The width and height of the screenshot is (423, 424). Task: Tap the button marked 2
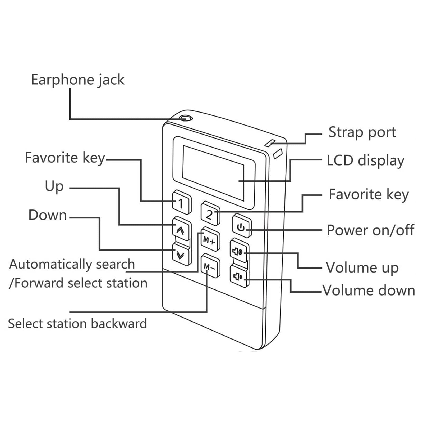tap(210, 213)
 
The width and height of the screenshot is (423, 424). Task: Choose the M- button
tap(210, 266)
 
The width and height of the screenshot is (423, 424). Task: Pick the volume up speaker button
tap(240, 251)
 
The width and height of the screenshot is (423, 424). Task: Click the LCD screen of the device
tap(213, 173)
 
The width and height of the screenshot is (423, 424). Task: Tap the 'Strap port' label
tap(362, 132)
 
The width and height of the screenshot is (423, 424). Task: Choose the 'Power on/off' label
tap(370, 230)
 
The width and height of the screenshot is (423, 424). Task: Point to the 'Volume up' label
tap(362, 268)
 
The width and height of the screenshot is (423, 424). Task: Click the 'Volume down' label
tap(369, 290)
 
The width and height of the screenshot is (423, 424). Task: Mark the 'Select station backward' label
tap(77, 324)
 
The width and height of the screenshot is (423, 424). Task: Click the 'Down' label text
tap(48, 215)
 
